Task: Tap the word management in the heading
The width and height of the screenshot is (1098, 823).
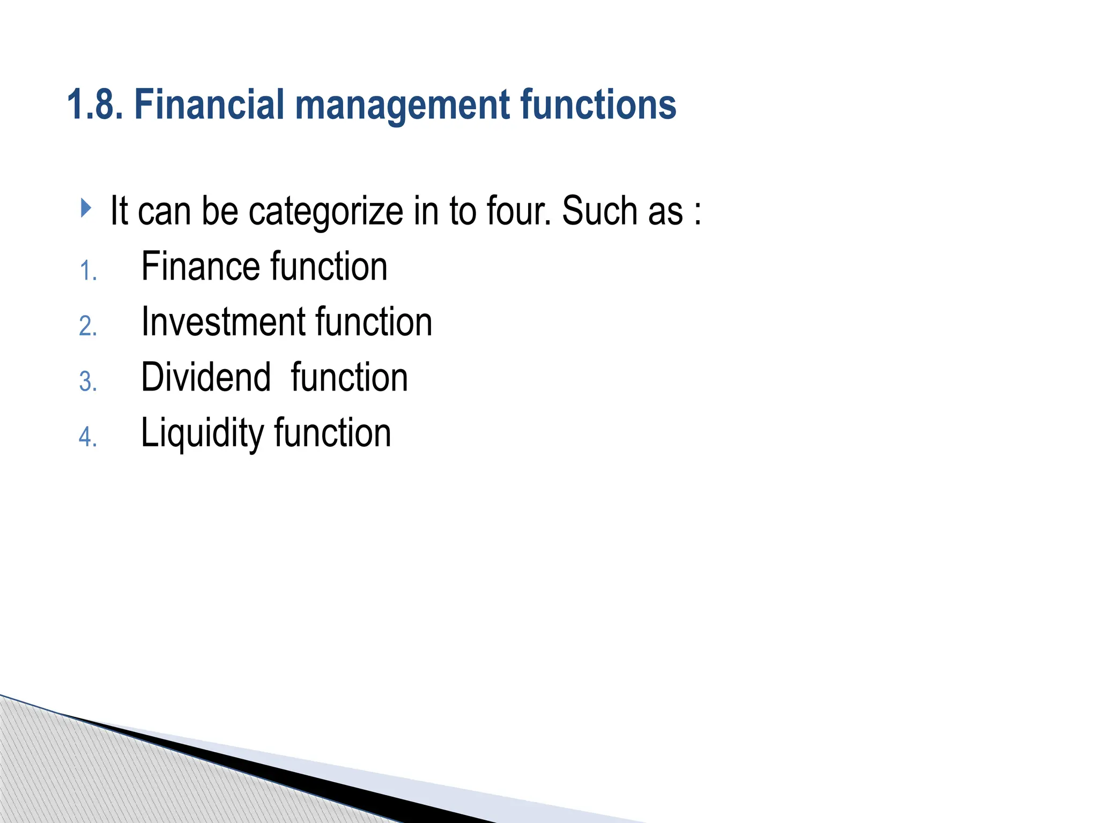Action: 402,106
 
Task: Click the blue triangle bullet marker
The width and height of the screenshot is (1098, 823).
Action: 86,208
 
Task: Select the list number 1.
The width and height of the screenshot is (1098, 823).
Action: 88,271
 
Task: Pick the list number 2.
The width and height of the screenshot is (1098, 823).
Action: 88,326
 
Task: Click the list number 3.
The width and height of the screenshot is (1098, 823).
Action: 88,381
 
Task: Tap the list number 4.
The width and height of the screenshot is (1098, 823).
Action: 88,437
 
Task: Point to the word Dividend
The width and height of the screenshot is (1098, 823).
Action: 206,377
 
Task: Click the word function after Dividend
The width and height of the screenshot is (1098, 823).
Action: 350,377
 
